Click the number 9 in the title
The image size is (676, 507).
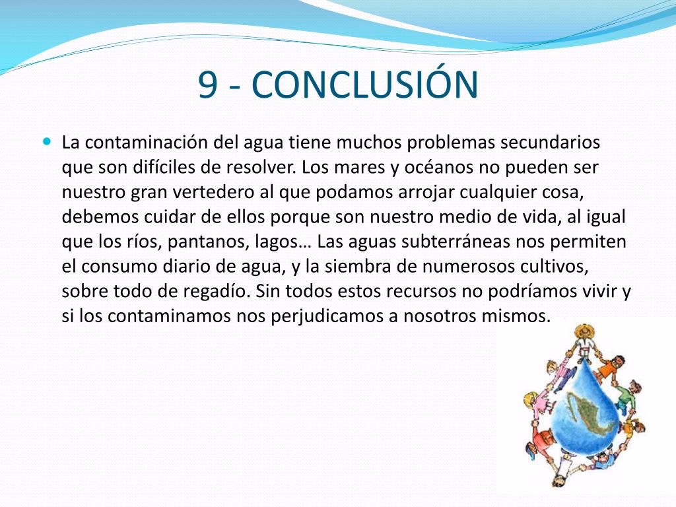point(207,84)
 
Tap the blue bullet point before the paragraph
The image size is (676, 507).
point(47,141)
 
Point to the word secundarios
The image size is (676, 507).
point(550,142)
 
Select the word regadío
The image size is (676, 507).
point(217,292)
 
